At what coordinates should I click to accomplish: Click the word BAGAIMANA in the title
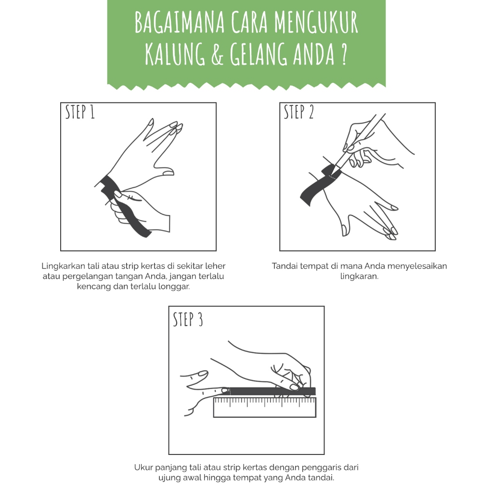pyautogui.click(x=180, y=22)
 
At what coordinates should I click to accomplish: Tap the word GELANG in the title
pyautogui.click(x=259, y=54)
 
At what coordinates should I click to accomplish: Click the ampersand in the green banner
pyautogui.click(x=217, y=55)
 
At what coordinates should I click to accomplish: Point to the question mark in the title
pyautogui.click(x=344, y=54)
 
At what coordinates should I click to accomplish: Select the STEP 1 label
pyautogui.click(x=80, y=112)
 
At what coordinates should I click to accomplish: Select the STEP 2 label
pyautogui.click(x=298, y=112)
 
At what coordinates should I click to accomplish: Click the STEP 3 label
pyautogui.click(x=188, y=319)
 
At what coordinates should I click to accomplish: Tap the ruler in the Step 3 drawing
pyautogui.click(x=264, y=407)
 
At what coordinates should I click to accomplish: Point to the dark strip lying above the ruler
pyautogui.click(x=272, y=391)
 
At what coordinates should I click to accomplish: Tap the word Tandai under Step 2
pyautogui.click(x=284, y=266)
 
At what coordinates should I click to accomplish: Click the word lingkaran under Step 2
pyautogui.click(x=359, y=277)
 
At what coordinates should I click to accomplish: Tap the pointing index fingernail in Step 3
pyautogui.click(x=225, y=390)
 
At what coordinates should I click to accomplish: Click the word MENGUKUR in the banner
pyautogui.click(x=316, y=22)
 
